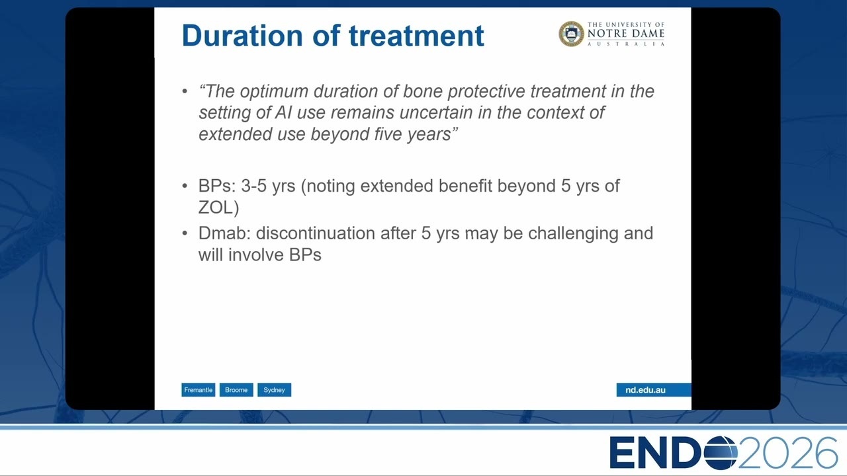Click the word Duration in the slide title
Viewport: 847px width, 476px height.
(x=242, y=36)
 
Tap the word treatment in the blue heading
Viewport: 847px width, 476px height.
(x=416, y=36)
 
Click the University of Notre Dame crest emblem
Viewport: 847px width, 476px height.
(x=571, y=34)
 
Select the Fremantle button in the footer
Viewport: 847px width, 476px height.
(x=198, y=390)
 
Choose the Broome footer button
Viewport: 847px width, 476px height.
(x=236, y=390)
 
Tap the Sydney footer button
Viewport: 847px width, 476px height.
(x=274, y=390)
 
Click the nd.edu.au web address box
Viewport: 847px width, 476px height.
(x=654, y=390)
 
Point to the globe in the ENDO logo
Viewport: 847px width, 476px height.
(x=721, y=453)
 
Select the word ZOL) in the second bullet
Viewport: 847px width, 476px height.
(x=218, y=208)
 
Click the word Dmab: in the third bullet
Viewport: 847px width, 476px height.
(x=224, y=233)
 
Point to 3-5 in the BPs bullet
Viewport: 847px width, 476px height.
(x=253, y=186)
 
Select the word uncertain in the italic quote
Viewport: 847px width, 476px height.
(x=436, y=112)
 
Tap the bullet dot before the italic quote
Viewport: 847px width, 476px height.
(x=185, y=91)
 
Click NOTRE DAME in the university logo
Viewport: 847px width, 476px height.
(x=626, y=34)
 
